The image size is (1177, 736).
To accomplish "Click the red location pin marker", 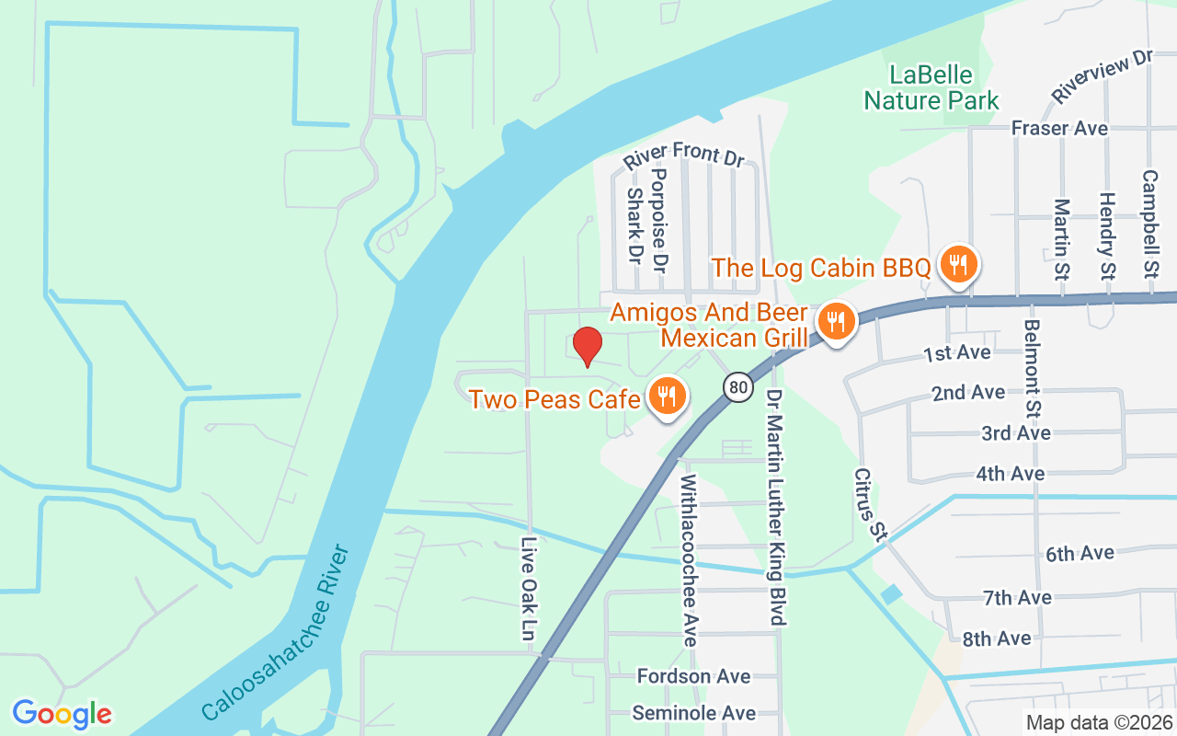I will (587, 346).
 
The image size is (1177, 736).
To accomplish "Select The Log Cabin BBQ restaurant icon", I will (958, 266).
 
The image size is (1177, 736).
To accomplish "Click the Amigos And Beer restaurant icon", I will (835, 322).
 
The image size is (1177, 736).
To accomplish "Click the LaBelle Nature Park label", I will (931, 86).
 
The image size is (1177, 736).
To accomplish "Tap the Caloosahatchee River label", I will (276, 634).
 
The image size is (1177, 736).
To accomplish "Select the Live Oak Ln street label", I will (528, 589).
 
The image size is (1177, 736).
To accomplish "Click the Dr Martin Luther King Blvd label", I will (775, 505).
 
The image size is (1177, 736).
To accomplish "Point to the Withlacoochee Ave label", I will (689, 559).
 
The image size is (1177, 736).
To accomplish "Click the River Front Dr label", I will (683, 154).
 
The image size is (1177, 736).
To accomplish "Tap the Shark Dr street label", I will (634, 225).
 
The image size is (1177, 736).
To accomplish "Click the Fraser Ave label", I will (1059, 128).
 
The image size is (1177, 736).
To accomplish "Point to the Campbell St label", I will (1149, 224).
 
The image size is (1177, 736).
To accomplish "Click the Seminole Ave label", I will (693, 713).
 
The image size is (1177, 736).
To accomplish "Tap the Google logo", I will (62, 714).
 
